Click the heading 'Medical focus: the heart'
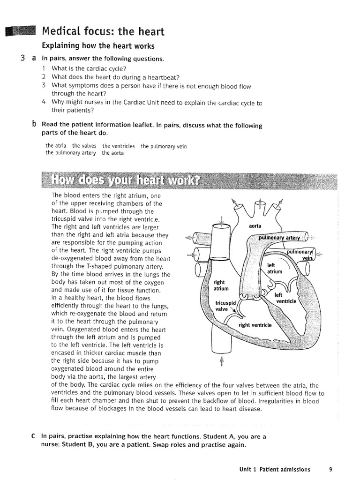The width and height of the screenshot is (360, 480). coord(103,32)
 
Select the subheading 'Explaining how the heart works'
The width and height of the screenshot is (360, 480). coord(98,46)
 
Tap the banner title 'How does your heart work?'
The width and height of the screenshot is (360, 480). coord(125,180)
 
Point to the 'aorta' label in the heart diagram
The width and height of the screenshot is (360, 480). coord(255,226)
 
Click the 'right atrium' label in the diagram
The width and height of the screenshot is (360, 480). coord(219,285)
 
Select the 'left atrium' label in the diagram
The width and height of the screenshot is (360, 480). coord(275,268)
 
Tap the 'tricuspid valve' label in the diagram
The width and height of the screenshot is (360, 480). coord(225,306)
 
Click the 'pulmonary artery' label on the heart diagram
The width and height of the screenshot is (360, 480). coord(279,238)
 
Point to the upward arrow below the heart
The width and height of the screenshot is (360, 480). coord(222,361)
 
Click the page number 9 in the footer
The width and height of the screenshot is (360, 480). coord(330,469)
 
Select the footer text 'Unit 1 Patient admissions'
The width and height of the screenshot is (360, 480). coord(275,469)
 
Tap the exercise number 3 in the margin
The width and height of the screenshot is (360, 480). coord(23,59)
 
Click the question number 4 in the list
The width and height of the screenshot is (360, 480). coord(44,102)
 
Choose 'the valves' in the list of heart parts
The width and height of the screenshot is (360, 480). coord(84,146)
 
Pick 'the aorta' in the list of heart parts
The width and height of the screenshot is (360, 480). coord(113,153)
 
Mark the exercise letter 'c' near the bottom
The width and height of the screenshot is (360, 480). coord(33,436)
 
